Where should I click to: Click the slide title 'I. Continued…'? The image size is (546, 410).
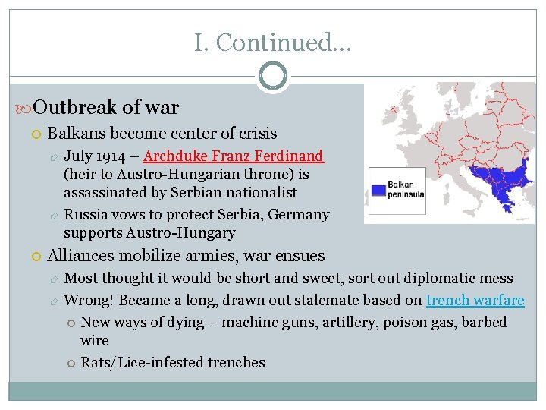tap(272, 43)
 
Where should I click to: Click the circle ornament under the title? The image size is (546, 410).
tap(273, 77)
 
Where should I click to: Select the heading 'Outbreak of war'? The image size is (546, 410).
tap(106, 107)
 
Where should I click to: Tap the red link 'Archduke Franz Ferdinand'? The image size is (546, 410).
tap(234, 156)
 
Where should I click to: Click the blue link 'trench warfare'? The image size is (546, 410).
tap(475, 300)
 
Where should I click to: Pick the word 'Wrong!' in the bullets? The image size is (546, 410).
tap(89, 300)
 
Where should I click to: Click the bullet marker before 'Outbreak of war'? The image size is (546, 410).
tap(25, 109)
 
